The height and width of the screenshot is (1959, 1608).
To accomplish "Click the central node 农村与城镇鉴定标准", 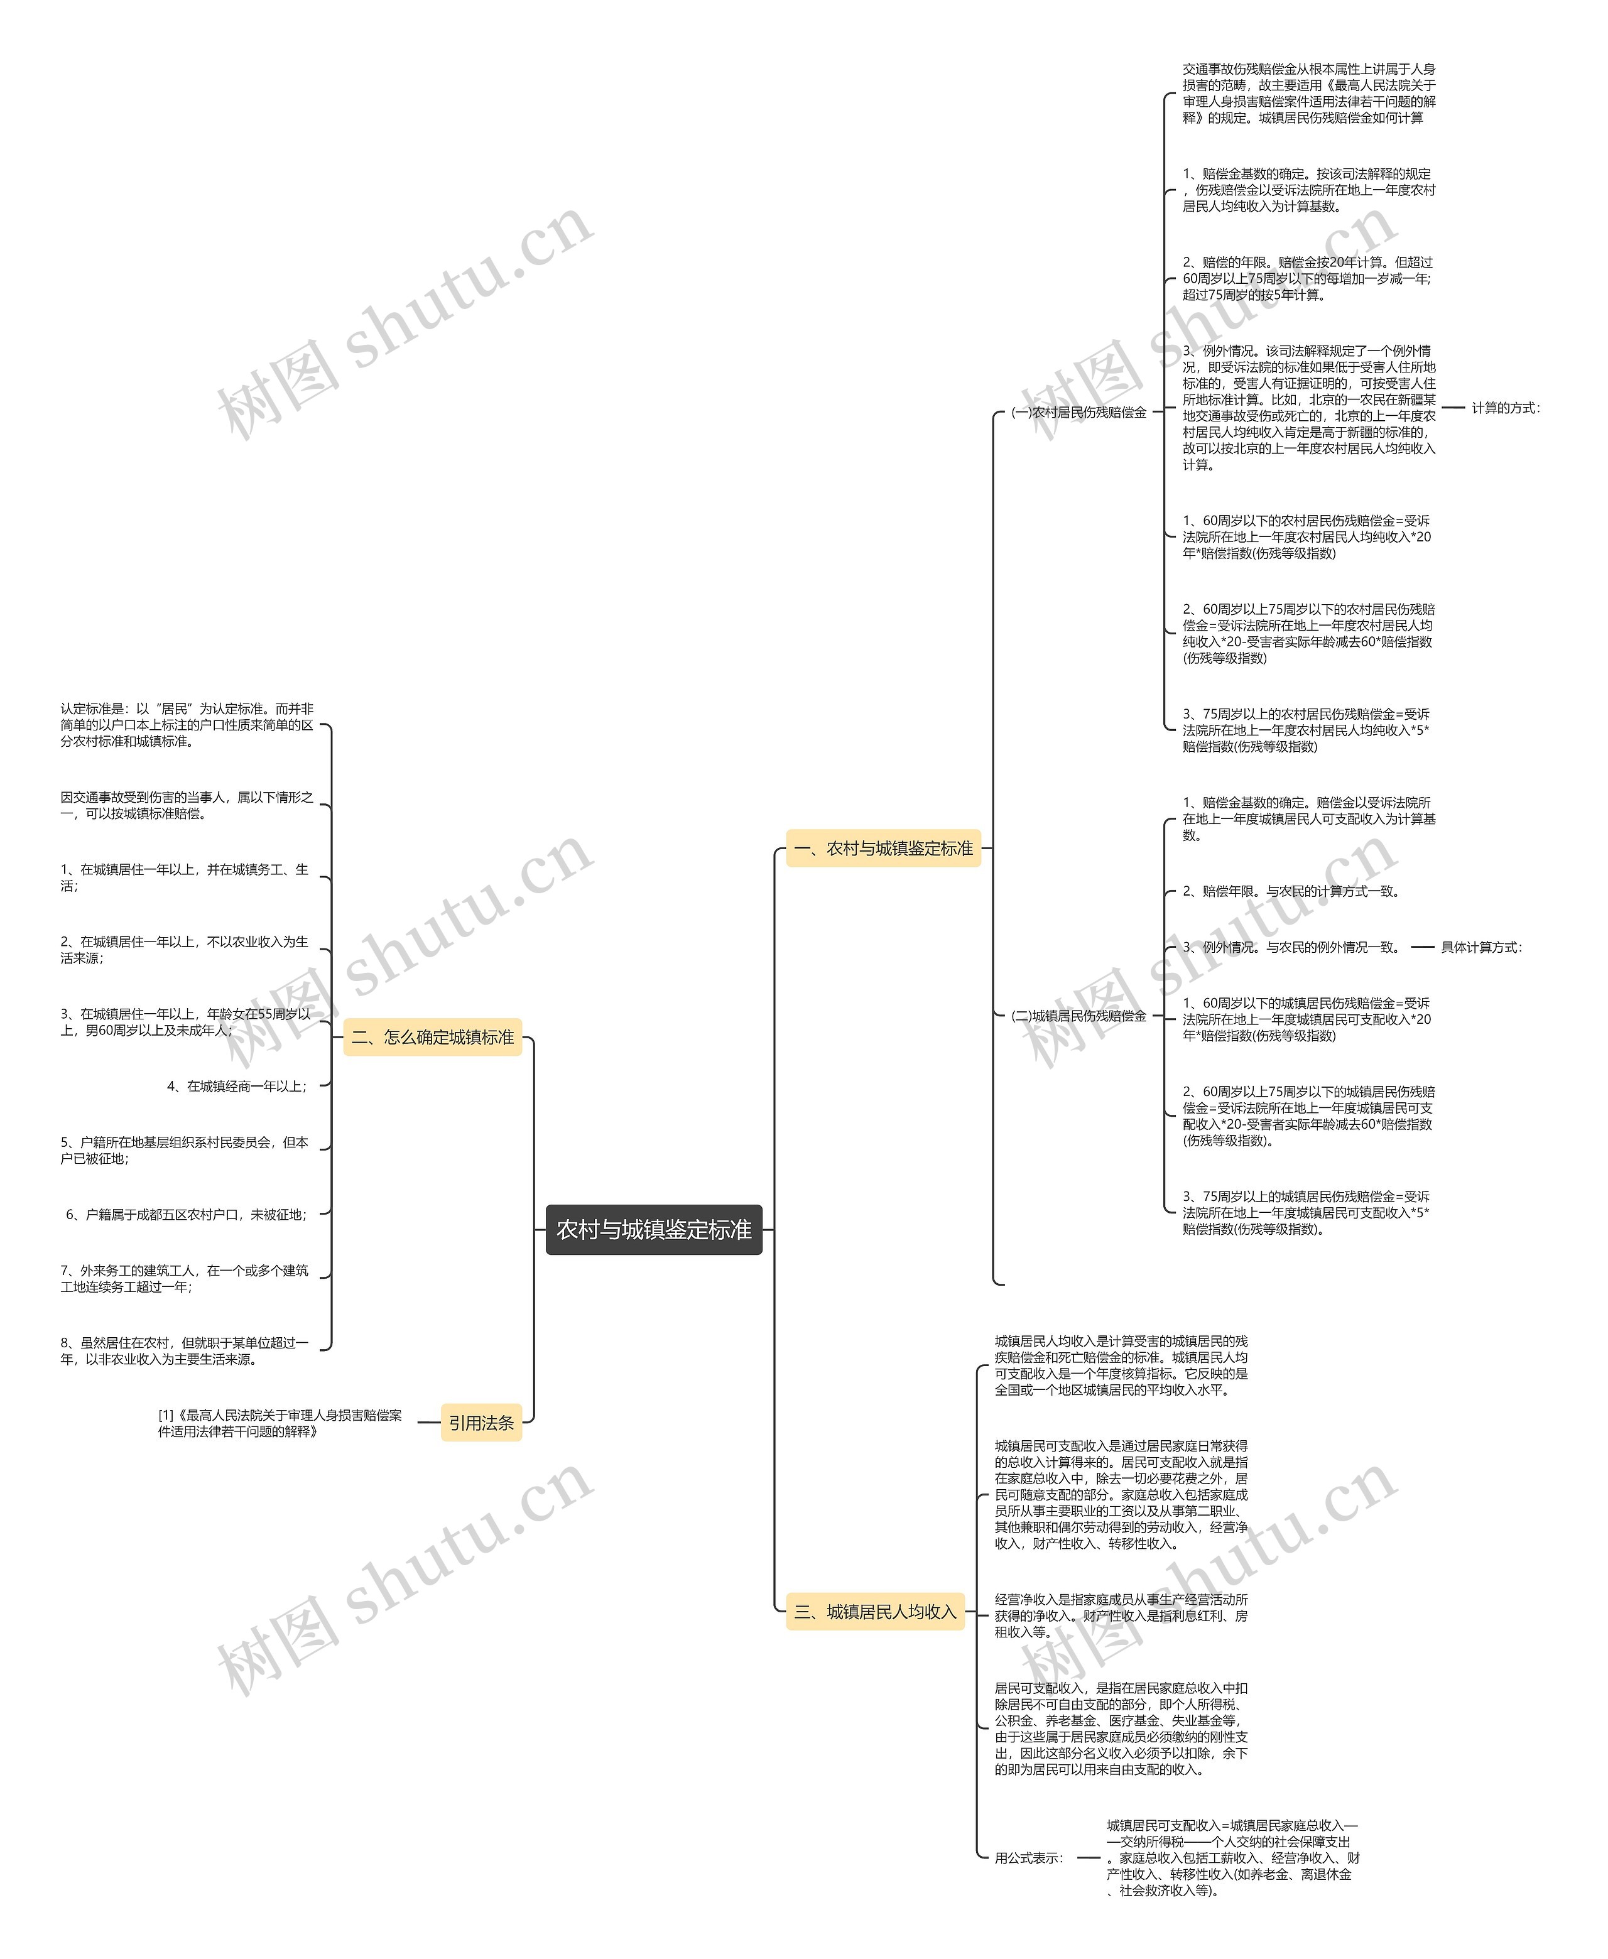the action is coord(653,1229).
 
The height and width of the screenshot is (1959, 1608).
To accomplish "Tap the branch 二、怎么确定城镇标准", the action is coord(433,1038).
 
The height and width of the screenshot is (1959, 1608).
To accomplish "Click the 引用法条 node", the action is coord(481,1423).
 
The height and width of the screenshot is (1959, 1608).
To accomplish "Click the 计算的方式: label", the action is coord(1505,408).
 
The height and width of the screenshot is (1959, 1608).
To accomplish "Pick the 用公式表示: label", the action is coord(1029,1857).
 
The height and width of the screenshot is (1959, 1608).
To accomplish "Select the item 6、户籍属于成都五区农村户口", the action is coord(185,1214).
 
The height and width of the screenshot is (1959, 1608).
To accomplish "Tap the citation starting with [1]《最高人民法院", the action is coord(279,1423).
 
